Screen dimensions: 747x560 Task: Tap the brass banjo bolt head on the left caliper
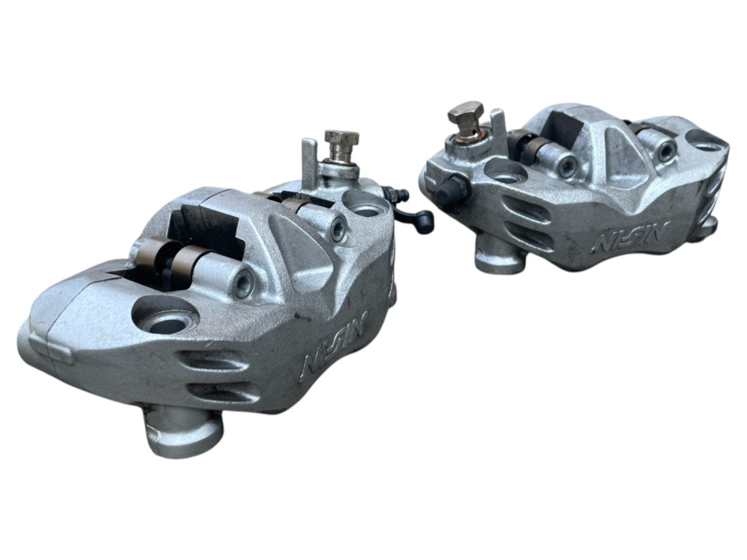click(x=341, y=139)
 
